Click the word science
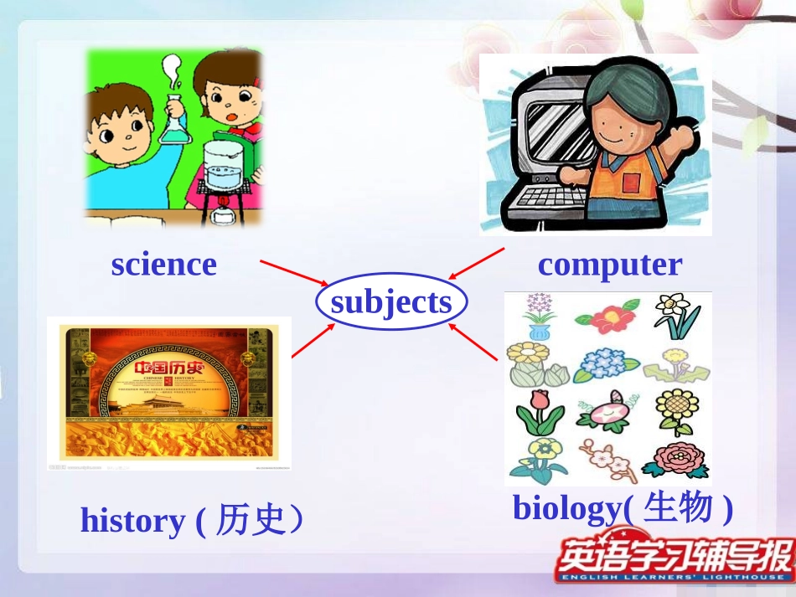[x=163, y=265]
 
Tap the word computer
[x=609, y=265]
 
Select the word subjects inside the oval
[x=390, y=301]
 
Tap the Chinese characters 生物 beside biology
[x=680, y=507]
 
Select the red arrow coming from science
[x=293, y=273]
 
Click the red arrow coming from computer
[x=477, y=263]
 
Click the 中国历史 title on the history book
[x=167, y=368]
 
